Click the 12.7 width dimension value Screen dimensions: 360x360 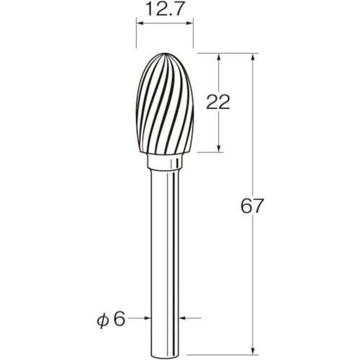point(165,10)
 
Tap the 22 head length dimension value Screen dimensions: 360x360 point(218,102)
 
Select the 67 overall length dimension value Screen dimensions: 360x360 point(252,206)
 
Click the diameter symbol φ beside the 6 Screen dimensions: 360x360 point(103,321)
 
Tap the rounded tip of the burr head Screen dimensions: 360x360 point(165,53)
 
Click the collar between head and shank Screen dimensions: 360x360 point(164,161)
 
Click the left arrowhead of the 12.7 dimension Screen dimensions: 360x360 point(140,23)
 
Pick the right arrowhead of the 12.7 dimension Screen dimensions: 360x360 point(189,23)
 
